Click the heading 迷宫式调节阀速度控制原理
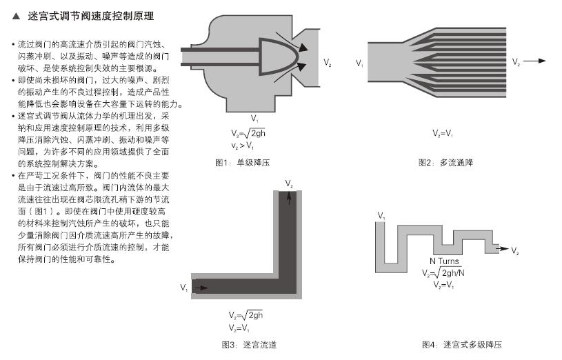(90, 15)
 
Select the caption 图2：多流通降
(446, 163)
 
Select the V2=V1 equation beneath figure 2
(443, 132)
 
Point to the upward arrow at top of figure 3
(288, 198)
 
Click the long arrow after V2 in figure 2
(534, 61)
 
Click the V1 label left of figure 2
(359, 63)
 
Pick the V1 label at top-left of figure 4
(381, 216)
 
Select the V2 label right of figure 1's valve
(327, 63)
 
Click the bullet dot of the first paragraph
(13, 44)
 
